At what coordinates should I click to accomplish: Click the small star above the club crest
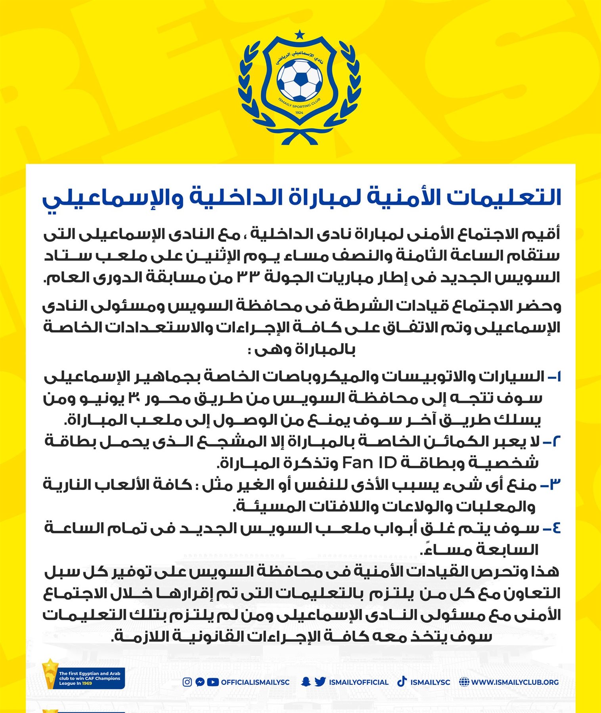300,35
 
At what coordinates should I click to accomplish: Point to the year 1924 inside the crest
299,113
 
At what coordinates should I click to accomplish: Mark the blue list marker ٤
551,528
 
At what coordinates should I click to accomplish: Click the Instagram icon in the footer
187,682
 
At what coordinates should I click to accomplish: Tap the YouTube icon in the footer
213,682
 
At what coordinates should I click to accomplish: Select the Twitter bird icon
320,682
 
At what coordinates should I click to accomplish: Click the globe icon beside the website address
464,682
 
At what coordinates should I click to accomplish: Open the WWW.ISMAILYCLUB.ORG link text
515,682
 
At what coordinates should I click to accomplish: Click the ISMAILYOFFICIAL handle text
358,682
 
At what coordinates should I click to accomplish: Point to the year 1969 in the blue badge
87,683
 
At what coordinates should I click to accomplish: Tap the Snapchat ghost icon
305,682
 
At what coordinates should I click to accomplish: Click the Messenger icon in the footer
200,682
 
